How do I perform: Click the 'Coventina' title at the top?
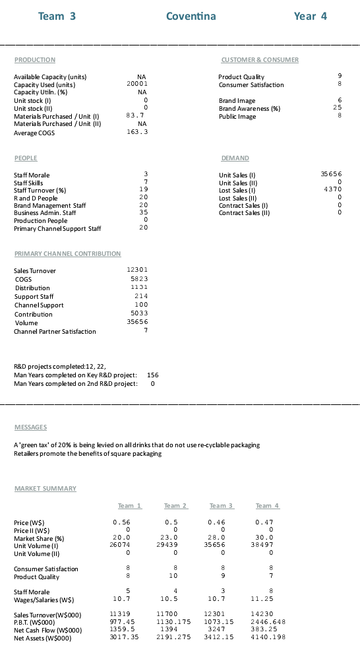coord(191,16)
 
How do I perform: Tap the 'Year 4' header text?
coord(310,16)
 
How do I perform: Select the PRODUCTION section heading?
coord(35,60)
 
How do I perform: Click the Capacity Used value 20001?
coord(137,84)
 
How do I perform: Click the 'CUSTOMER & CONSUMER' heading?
coord(260,60)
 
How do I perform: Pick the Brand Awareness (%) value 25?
coord(338,107)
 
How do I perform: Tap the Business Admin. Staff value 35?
coord(142,213)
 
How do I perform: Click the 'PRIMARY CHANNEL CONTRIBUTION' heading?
coord(67,254)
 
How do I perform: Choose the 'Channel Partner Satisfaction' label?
coord(55,331)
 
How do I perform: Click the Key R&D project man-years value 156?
coord(152,375)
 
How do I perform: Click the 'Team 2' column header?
coord(175,505)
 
